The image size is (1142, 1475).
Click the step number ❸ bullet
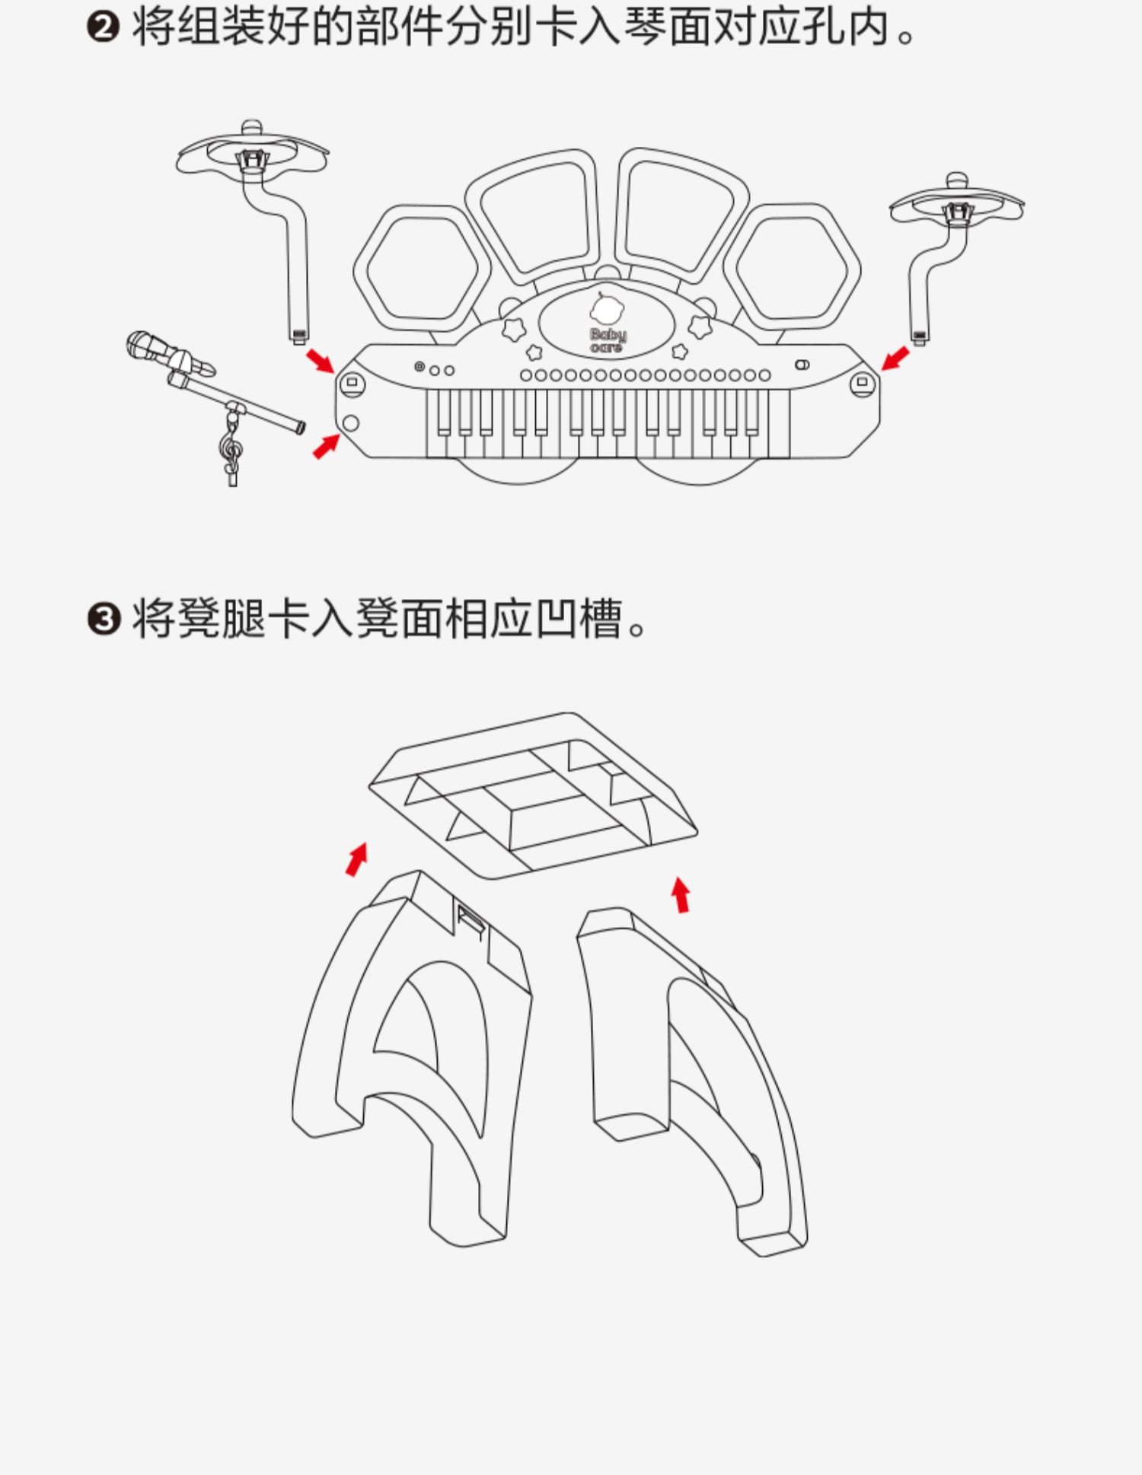pyautogui.click(x=104, y=619)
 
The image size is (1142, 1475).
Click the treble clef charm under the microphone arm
pyautogui.click(x=231, y=454)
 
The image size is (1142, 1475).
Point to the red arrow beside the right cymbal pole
pyautogui.click(x=895, y=358)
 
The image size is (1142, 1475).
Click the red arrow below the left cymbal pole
pyautogui.click(x=320, y=361)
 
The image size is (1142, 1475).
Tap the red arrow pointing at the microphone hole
pyautogui.click(x=326, y=446)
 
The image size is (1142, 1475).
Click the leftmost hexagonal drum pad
pyautogui.click(x=416, y=270)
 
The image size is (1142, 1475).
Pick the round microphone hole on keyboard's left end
pyautogui.click(x=351, y=423)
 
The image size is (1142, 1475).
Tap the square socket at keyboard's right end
pyautogui.click(x=862, y=382)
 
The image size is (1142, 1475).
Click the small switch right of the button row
pyautogui.click(x=802, y=365)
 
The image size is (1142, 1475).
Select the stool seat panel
pyautogui.click(x=533, y=795)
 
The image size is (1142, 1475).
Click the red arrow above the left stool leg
pyautogui.click(x=356, y=859)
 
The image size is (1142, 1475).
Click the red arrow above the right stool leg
pyautogui.click(x=681, y=894)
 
